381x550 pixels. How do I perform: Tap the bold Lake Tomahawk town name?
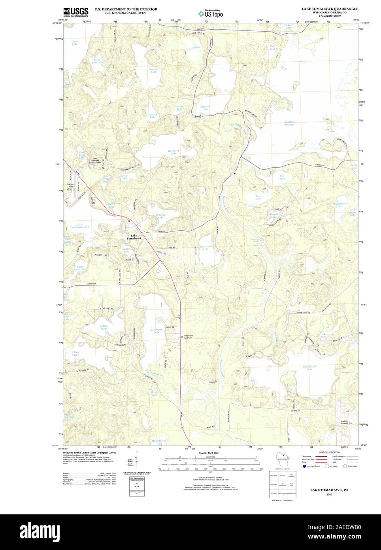134,237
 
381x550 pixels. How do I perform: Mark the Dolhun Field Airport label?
70,186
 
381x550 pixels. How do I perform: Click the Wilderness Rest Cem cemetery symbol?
182,337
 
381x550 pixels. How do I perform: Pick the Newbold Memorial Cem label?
346,422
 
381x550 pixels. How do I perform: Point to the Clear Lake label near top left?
75,43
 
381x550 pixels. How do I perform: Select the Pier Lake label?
282,178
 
